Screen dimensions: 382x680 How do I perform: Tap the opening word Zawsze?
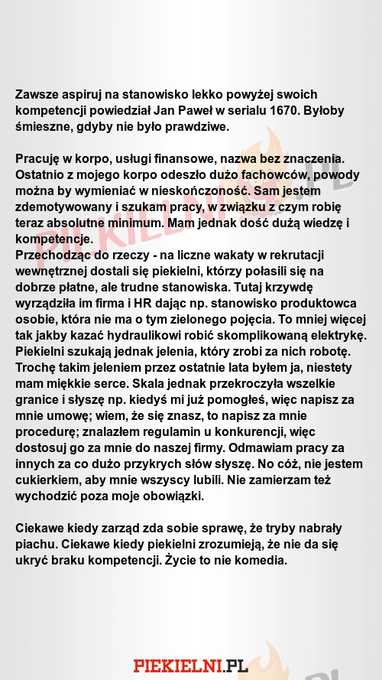(x=37, y=95)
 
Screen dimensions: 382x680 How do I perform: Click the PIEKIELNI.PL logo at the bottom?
(x=190, y=665)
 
